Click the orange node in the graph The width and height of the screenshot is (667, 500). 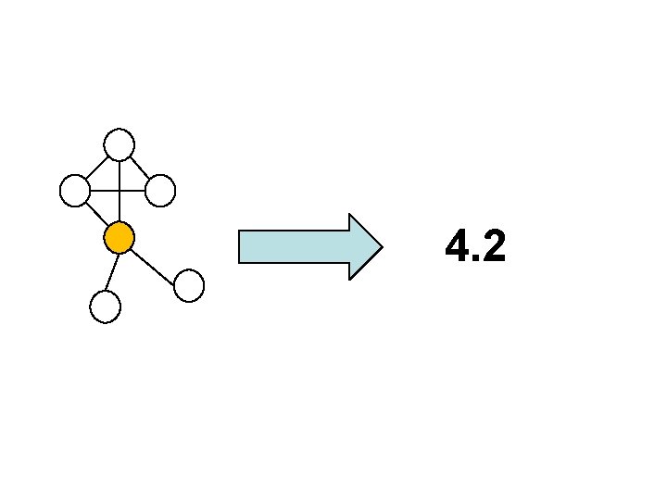(120, 238)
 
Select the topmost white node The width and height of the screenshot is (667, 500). (120, 144)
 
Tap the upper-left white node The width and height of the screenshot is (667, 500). (74, 191)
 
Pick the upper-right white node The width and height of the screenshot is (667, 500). (160, 191)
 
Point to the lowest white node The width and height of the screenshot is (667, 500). (106, 306)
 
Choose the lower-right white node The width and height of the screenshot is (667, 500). (189, 285)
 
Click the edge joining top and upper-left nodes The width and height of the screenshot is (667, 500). (97, 168)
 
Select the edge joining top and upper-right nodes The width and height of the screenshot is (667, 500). (140, 168)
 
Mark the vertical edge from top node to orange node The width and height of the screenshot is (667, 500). (120, 208)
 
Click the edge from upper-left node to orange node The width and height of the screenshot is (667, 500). (96, 214)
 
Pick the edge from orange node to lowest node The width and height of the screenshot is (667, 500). (112, 272)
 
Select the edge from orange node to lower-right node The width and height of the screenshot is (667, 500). (154, 262)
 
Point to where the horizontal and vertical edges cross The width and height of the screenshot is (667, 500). (120, 191)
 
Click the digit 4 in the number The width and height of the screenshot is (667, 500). (456, 247)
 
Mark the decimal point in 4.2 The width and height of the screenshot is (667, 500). (473, 259)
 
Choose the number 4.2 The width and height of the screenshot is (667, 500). (474, 247)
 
